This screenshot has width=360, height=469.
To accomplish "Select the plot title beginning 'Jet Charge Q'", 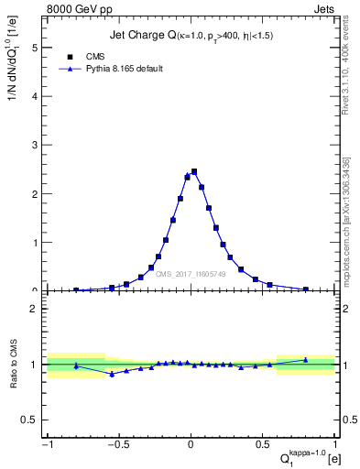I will pos(184,36).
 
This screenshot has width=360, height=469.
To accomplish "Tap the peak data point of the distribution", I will pos(194,171).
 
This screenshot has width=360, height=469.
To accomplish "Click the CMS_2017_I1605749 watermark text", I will pos(192,274).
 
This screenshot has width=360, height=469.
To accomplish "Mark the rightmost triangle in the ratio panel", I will pos(306,360).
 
